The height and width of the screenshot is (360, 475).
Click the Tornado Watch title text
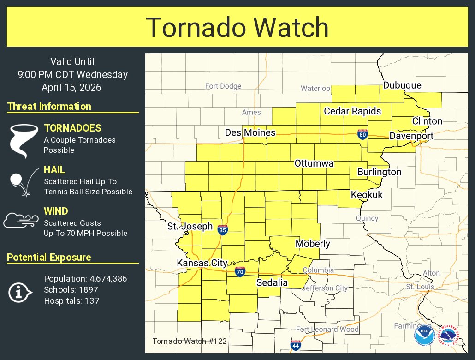coord(237,27)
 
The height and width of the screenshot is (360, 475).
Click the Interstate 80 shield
coord(363,135)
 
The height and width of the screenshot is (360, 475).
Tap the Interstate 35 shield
coord(223,229)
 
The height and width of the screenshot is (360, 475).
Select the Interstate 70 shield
coord(240,272)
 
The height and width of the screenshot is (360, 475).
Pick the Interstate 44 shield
coord(295,345)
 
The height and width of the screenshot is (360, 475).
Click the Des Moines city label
coord(250,133)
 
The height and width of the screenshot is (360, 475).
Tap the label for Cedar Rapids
coord(352,111)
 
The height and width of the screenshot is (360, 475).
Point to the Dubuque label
coord(402,85)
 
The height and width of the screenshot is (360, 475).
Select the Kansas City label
coord(202,263)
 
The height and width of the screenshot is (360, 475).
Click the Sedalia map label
coord(272,282)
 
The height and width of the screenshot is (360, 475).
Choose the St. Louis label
coord(417,287)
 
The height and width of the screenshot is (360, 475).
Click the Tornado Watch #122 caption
coord(189,342)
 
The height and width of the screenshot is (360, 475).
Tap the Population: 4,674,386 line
coord(85,279)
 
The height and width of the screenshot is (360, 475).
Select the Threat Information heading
coord(49,106)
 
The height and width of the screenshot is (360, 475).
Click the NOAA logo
coord(423,335)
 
